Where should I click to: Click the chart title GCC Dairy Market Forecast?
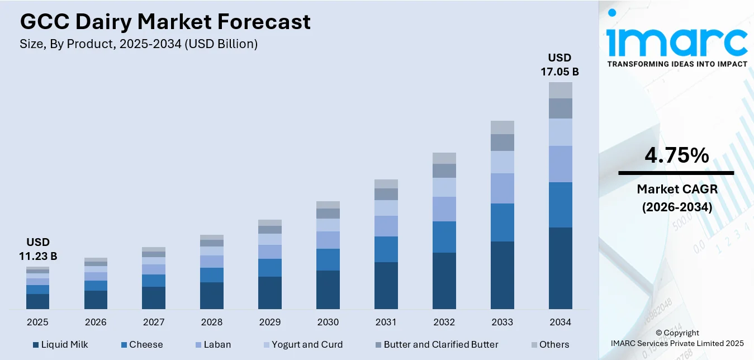pyautogui.click(x=165, y=22)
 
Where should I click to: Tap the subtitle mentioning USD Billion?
pyautogui.click(x=139, y=44)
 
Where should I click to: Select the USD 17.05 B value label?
pyautogui.click(x=559, y=64)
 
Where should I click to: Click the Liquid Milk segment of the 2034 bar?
pyautogui.click(x=560, y=268)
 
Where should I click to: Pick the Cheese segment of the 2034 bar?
pyautogui.click(x=560, y=205)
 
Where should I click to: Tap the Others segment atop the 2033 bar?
pyautogui.click(x=502, y=127)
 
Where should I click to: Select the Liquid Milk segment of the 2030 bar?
pyautogui.click(x=328, y=290)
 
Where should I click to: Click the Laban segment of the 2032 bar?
pyautogui.click(x=444, y=209)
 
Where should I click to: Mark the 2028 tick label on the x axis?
pyautogui.click(x=212, y=323)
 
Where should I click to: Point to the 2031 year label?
pyautogui.click(x=386, y=323)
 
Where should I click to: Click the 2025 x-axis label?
pyautogui.click(x=37, y=323)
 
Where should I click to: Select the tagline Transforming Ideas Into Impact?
pyautogui.click(x=677, y=64)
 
